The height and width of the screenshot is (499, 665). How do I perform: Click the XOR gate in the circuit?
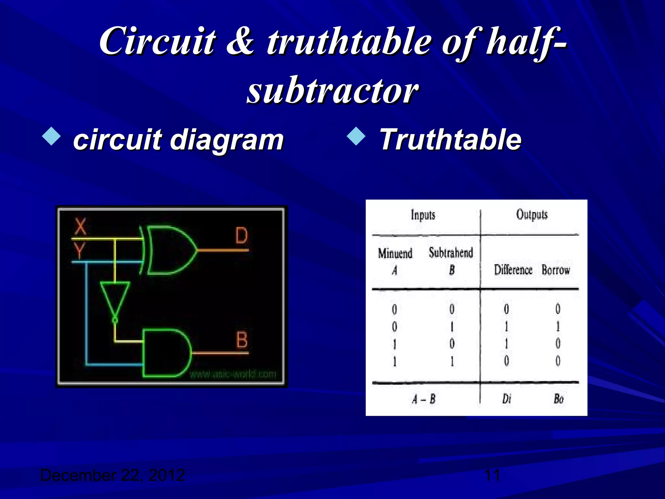click(170, 250)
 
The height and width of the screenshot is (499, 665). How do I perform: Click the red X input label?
click(81, 227)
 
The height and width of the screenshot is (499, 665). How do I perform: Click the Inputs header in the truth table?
click(423, 215)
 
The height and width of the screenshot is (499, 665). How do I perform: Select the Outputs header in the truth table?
click(532, 215)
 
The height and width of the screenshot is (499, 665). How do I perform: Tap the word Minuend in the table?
click(395, 253)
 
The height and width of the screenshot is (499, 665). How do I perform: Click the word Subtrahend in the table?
click(451, 253)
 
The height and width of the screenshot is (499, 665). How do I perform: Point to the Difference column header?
click(513, 270)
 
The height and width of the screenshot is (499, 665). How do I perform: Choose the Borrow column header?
click(556, 270)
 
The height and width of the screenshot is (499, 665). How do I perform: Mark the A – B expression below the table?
click(423, 399)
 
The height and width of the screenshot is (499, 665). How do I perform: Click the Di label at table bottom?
click(507, 399)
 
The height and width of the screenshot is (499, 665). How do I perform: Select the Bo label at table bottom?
click(558, 399)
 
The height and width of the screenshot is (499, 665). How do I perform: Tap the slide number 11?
click(492, 475)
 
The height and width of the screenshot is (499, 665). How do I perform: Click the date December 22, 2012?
click(112, 475)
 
